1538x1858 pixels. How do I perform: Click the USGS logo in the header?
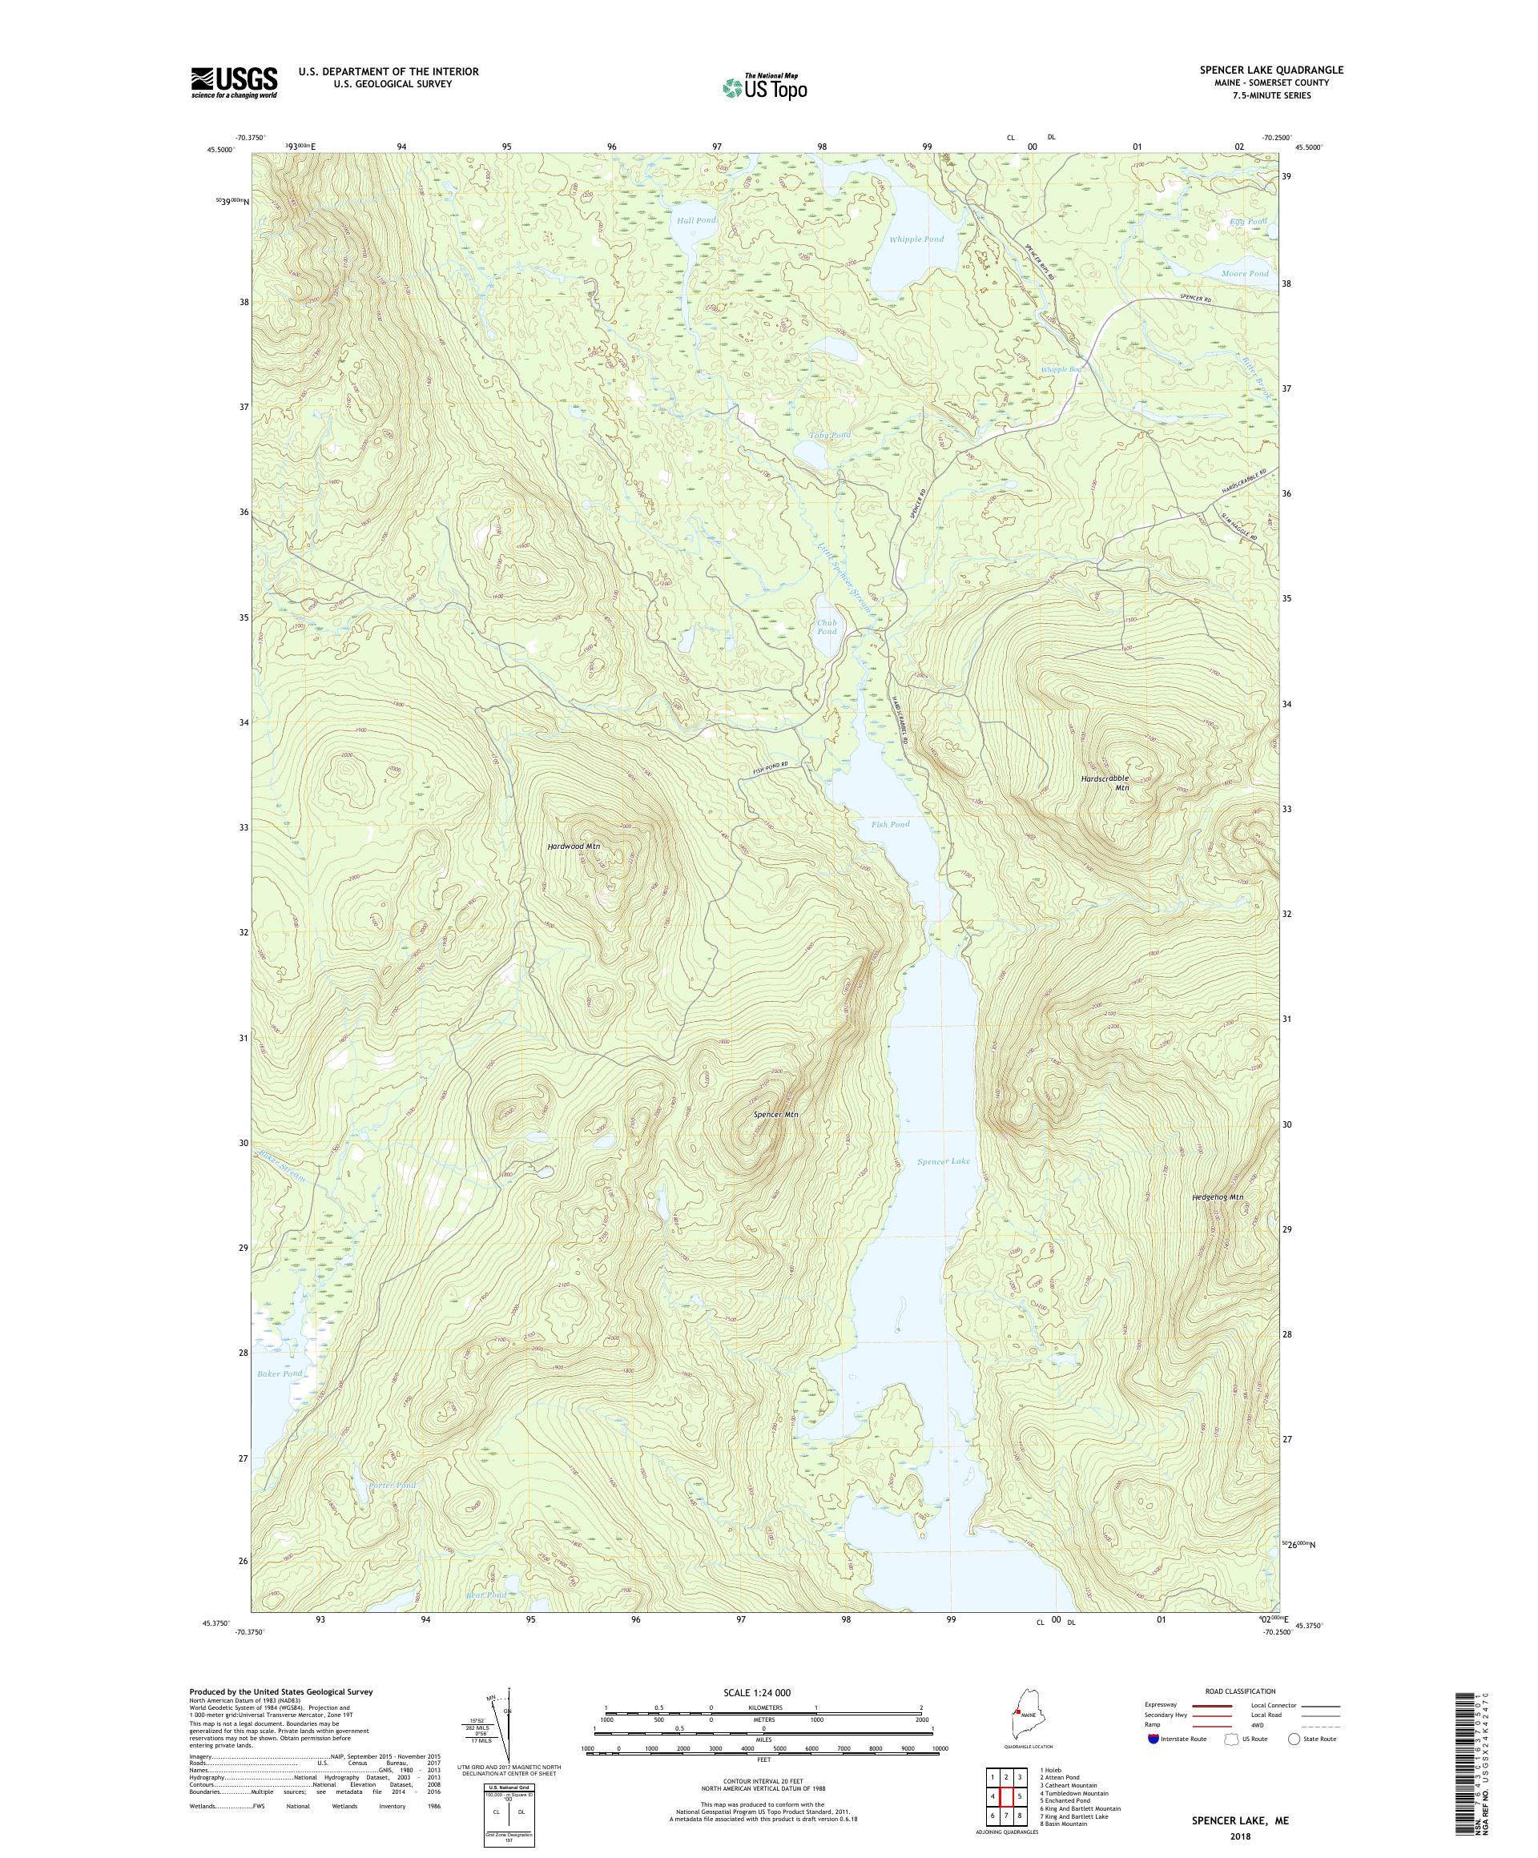(x=234, y=82)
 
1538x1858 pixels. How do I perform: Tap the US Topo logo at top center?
(x=764, y=86)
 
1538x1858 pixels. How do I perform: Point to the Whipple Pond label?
(x=916, y=239)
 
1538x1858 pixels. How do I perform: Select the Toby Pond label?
(x=829, y=436)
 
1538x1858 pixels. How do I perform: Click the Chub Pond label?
(x=826, y=626)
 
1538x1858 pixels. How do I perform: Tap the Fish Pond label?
(x=889, y=824)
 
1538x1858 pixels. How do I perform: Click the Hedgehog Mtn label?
(x=1217, y=1197)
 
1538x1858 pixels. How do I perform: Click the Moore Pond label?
(x=1244, y=273)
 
